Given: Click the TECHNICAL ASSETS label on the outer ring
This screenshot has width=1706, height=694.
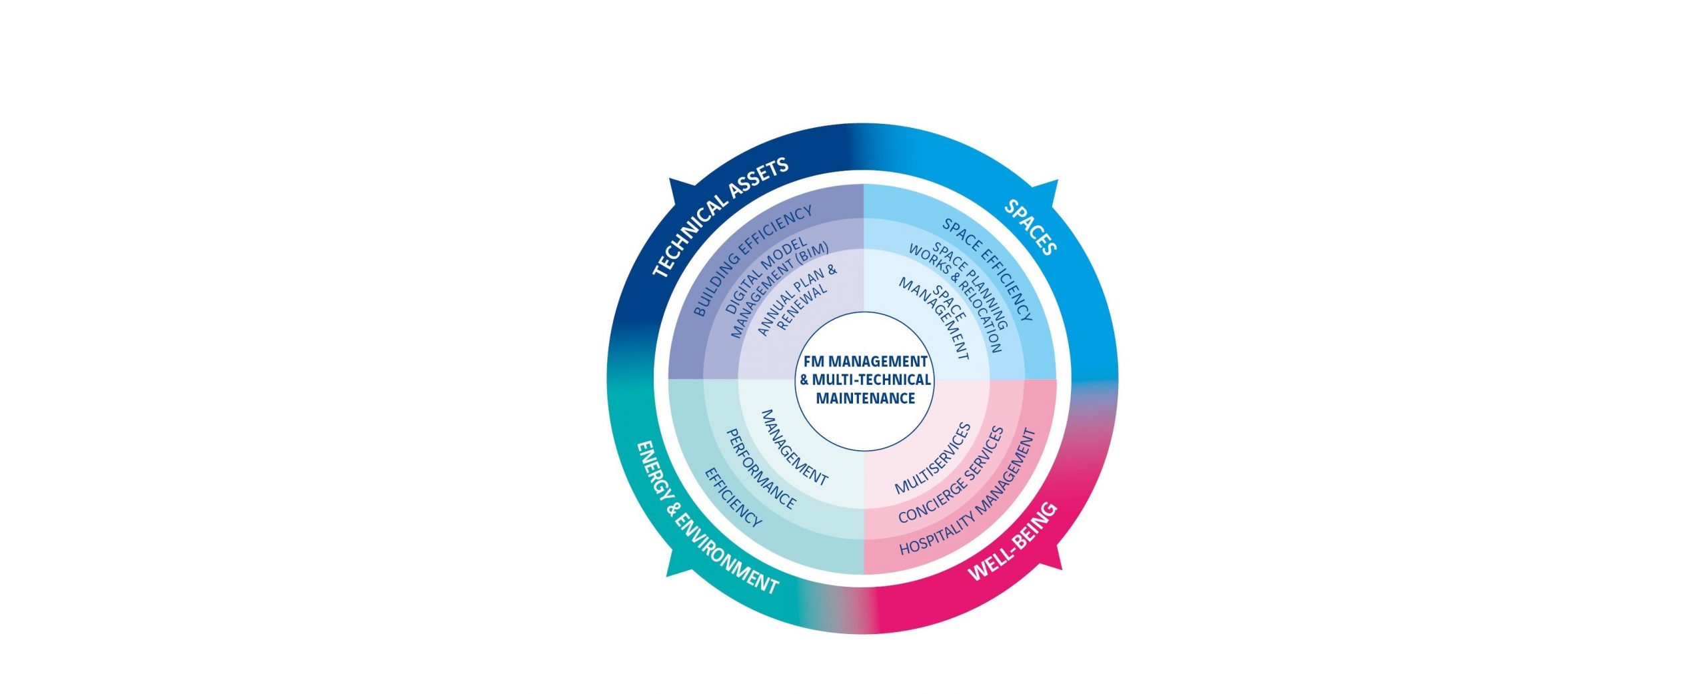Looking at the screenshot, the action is pyautogui.click(x=720, y=216).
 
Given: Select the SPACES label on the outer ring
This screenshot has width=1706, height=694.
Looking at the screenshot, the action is pyautogui.click(x=1031, y=227).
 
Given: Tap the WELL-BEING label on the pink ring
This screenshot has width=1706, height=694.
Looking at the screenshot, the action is pyautogui.click(x=1012, y=542).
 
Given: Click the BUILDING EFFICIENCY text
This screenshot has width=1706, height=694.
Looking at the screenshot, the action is pyautogui.click(x=753, y=260).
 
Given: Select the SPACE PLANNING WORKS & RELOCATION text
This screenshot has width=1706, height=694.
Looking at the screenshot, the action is pyautogui.click(x=960, y=297).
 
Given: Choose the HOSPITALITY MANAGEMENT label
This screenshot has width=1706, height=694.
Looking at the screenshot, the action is pyautogui.click(x=968, y=492).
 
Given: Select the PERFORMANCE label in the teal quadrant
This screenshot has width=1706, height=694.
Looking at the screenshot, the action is pyautogui.click(x=760, y=469).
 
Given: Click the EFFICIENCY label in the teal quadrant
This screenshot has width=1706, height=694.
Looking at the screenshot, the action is pyautogui.click(x=733, y=497).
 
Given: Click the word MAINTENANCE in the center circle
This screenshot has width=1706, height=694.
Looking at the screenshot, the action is pyautogui.click(x=865, y=398).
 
